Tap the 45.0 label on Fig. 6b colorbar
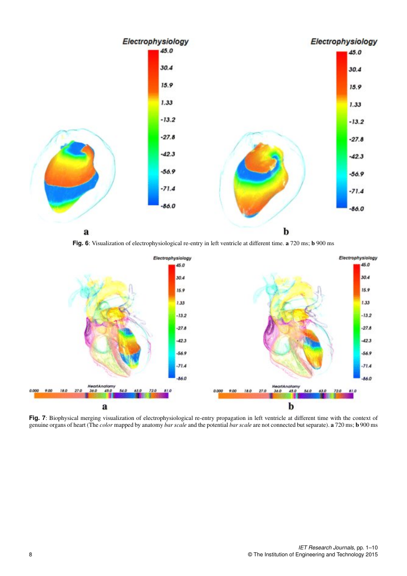point(355,52)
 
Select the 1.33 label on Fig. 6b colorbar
point(355,104)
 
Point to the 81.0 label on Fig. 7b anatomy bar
point(352,390)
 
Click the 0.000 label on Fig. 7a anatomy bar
point(34,390)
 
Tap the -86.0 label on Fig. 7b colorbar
point(366,379)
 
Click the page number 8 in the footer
point(31,555)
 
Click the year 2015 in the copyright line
point(371,555)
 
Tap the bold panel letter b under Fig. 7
point(291,406)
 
